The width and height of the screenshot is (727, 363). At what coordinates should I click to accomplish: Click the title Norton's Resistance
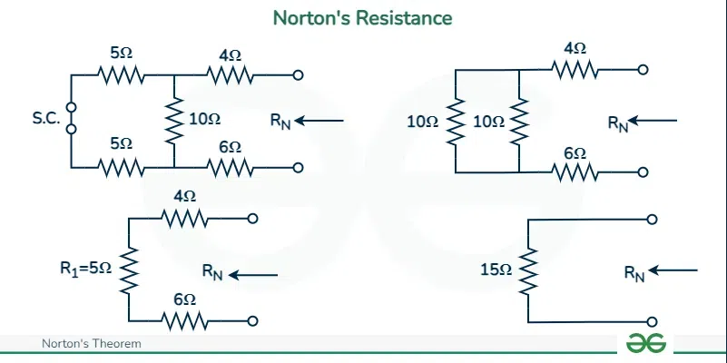(x=363, y=17)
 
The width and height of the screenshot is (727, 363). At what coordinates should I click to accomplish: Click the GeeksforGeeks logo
(x=646, y=343)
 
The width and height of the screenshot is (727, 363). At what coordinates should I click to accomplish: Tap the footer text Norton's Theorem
(x=92, y=344)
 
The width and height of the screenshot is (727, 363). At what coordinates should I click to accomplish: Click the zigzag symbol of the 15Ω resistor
(x=528, y=270)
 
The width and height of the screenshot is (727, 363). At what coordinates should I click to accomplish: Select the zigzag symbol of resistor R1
(x=130, y=269)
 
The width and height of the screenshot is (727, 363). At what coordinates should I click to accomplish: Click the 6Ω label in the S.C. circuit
(x=231, y=147)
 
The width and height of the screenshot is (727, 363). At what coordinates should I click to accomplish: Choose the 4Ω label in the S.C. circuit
(x=231, y=55)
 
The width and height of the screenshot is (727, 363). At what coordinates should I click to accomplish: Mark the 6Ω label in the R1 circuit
(x=184, y=299)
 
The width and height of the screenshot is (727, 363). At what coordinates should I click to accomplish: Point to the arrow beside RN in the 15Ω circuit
(x=673, y=270)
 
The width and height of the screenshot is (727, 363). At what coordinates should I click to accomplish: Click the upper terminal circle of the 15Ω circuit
(x=652, y=220)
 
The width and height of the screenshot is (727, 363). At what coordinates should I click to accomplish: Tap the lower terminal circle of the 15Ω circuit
(x=652, y=320)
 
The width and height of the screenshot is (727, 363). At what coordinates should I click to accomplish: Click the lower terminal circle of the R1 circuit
(x=252, y=319)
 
